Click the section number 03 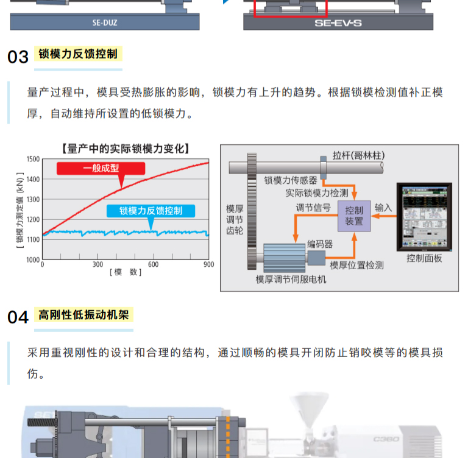coord(18,57)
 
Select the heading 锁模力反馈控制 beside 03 coord(78,54)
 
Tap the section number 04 coord(18,317)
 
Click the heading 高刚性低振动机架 coord(83,314)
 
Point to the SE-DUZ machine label coord(104,24)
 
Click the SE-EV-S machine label coord(338,24)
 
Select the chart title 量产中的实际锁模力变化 coord(126,148)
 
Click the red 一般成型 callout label coord(101,169)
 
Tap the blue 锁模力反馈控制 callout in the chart coord(151,211)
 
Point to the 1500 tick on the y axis coord(32,160)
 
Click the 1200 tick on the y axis coord(32,219)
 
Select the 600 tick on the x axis coord(153,264)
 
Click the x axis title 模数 coord(126,272)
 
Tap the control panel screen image coord(424,216)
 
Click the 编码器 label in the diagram coord(320,244)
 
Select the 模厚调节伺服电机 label coord(291,280)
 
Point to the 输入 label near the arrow coord(383,208)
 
